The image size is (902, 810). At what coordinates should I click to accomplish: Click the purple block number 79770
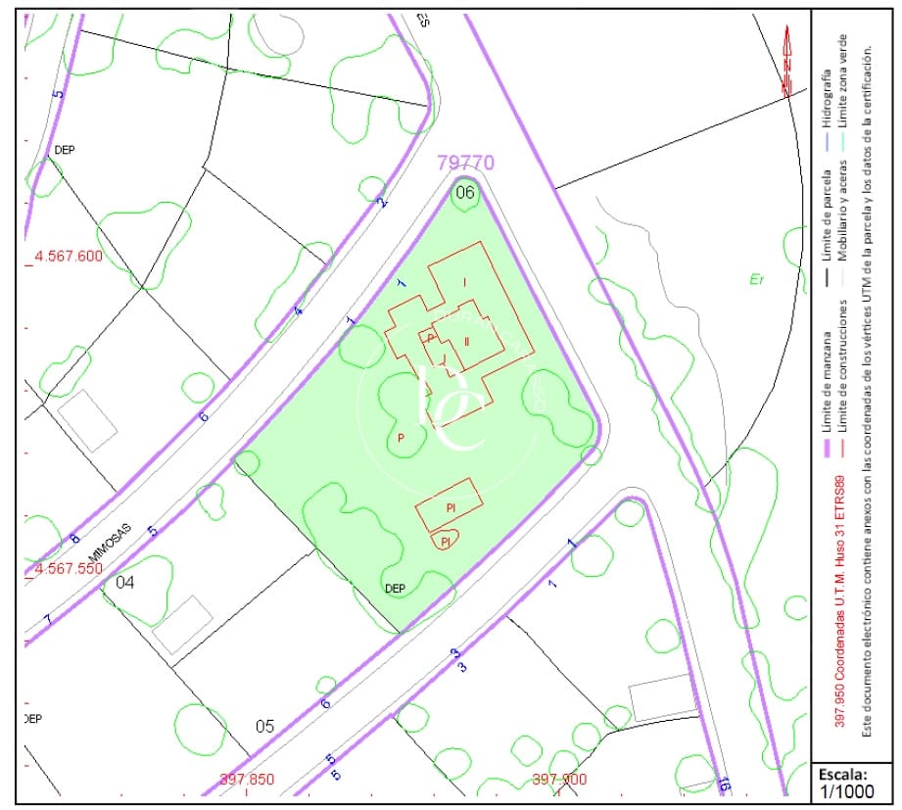pos(466,163)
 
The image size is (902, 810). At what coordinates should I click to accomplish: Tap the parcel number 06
pos(464,193)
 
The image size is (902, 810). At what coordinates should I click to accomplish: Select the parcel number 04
pos(125,582)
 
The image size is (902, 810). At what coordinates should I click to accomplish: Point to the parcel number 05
pos(264,726)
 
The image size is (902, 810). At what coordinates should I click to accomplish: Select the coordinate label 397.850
pos(247,780)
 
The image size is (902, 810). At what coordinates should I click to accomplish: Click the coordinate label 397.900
pos(558,780)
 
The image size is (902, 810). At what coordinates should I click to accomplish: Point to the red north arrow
pos(786,61)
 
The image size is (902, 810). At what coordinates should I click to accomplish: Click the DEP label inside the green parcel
pos(396,589)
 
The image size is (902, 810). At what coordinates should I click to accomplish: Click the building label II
pos(467,341)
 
